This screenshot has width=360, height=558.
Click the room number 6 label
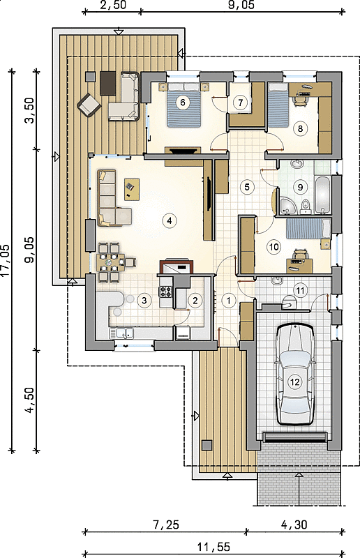point(183,103)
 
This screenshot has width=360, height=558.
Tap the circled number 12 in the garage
point(295,382)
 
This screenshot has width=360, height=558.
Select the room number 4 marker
point(169,220)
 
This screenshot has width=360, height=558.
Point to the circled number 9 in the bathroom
point(300,186)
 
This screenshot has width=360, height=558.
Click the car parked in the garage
point(295,374)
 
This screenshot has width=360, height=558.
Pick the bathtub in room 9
point(323,195)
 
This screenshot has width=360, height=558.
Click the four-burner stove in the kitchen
point(165,292)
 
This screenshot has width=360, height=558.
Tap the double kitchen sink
point(122,333)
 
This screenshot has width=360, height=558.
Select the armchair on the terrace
point(87,104)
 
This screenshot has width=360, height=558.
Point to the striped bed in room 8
point(278,105)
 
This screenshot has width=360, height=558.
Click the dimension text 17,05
point(6,260)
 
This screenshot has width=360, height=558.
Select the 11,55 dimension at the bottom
point(213,546)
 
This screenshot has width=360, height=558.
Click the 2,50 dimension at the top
point(112,6)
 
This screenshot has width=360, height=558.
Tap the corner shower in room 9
point(287,206)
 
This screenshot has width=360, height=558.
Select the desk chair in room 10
point(301,255)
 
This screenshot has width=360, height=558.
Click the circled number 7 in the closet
point(241,103)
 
